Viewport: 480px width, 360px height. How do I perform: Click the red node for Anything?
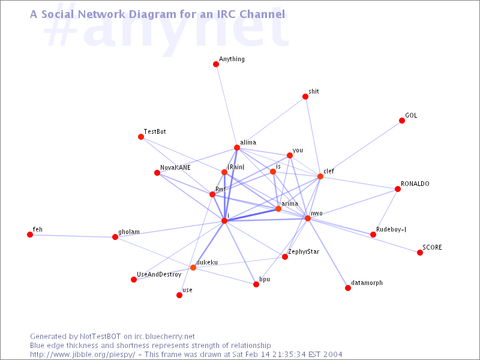point(216,64)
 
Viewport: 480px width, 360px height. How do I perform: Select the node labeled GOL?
point(402,121)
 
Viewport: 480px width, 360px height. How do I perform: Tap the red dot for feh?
point(29,235)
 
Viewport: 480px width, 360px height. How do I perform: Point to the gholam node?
point(115,237)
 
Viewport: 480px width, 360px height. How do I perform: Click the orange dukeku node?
point(193,268)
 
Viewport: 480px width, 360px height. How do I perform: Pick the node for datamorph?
point(348,288)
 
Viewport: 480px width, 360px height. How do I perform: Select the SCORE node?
point(420,253)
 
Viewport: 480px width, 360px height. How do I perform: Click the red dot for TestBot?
point(141,137)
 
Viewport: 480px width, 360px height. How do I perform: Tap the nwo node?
point(308,218)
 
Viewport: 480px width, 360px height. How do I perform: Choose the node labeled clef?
point(320,176)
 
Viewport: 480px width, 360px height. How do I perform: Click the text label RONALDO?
point(415,184)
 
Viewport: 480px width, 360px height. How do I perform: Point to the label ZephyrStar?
point(304,252)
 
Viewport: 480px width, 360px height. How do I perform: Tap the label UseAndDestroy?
point(159,275)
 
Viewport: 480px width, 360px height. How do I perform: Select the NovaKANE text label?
point(175,167)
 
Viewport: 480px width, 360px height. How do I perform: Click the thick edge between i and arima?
point(251,215)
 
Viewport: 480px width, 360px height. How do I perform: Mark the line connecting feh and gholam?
point(73,236)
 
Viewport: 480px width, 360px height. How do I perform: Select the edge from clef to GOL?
point(361,148)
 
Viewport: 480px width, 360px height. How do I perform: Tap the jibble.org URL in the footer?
point(83,355)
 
